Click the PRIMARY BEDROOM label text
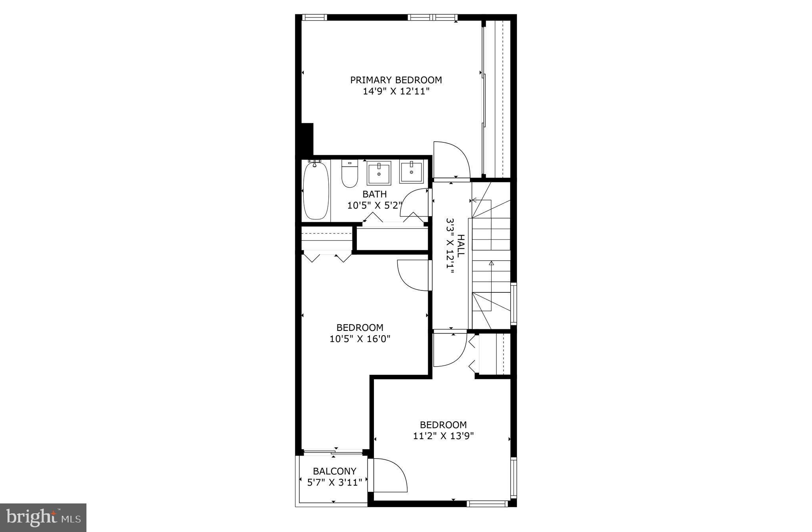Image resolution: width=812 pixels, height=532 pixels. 396,80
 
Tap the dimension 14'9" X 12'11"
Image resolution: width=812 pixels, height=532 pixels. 396,92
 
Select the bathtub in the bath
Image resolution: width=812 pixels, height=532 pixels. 316,190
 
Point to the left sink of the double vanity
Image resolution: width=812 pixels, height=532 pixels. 379,173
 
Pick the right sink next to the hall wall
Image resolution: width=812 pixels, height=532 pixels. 411,172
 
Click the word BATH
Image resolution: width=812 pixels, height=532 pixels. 375,194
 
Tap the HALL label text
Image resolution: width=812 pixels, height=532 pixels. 461,246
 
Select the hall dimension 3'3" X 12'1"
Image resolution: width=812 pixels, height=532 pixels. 450,246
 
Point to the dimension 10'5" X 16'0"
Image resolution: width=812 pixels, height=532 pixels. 360,339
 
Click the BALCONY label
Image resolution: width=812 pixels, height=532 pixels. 335,471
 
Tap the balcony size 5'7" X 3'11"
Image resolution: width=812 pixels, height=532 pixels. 335,482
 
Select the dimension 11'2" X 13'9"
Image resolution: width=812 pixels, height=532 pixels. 443,436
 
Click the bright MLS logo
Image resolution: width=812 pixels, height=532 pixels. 43,517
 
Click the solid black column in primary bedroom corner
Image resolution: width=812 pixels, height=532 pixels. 307,139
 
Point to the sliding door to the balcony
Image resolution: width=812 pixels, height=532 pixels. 333,451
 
